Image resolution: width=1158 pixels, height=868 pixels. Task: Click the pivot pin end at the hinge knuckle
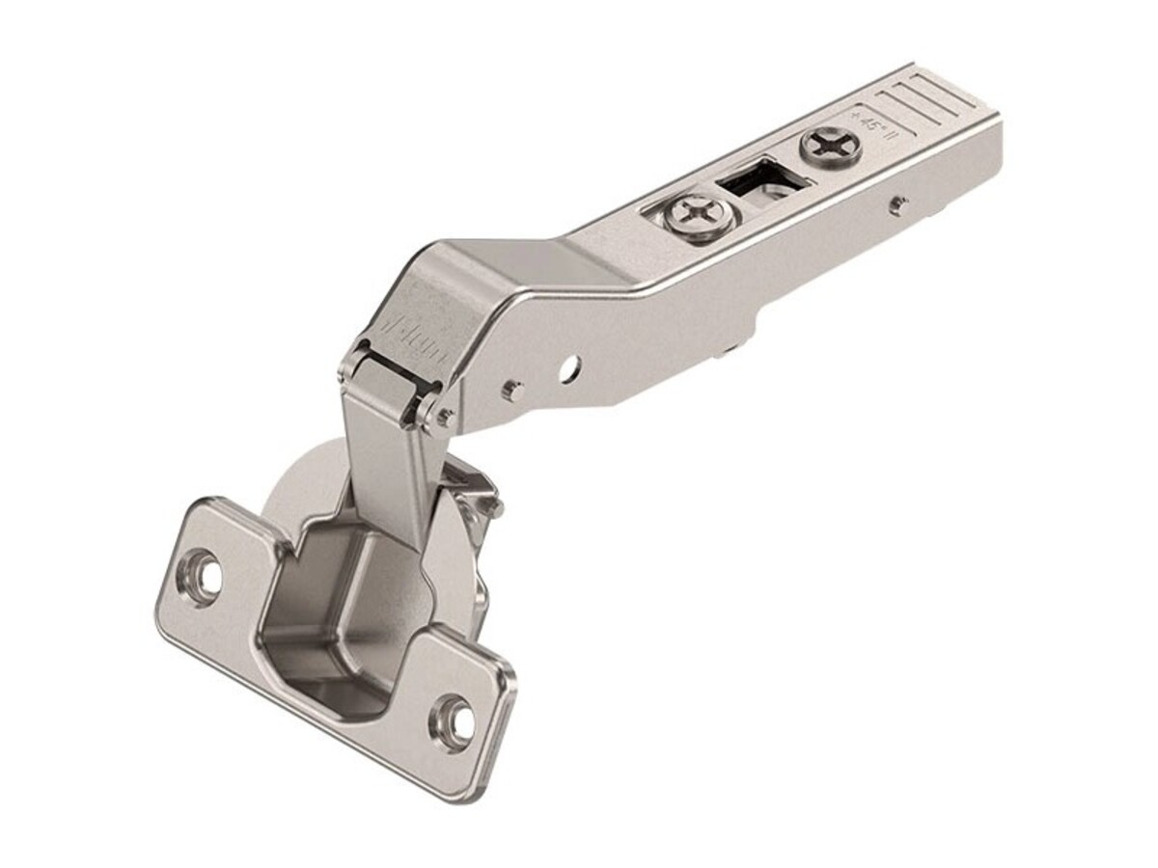point(444,417)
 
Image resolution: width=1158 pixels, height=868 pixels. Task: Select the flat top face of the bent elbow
point(502,260)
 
